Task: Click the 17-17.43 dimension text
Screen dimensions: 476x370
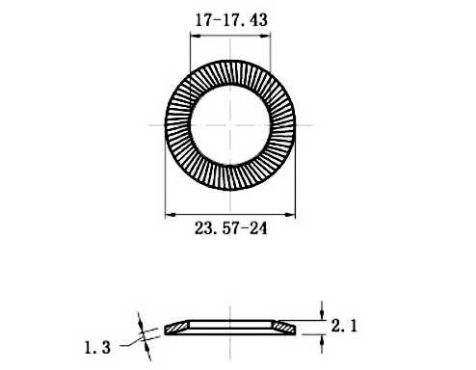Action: click(x=231, y=20)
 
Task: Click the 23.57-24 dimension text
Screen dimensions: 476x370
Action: click(x=231, y=228)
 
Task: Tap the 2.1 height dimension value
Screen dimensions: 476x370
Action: click(x=344, y=326)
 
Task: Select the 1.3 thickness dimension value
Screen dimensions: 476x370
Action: click(x=97, y=348)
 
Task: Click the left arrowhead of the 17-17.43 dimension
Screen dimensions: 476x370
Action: click(x=196, y=36)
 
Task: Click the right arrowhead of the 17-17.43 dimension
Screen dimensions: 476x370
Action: click(x=265, y=36)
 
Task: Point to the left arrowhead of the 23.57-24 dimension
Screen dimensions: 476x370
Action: click(x=171, y=214)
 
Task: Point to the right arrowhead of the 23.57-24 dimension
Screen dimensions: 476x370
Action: click(x=290, y=214)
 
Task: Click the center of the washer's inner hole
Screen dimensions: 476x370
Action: click(x=230, y=125)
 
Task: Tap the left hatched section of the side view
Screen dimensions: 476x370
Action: click(x=176, y=328)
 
